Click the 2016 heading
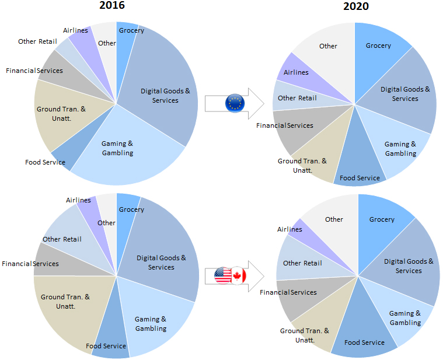tap(112, 5)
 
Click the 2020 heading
tap(355, 7)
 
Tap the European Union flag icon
tap(235, 103)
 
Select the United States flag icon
tap(223, 275)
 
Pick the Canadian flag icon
tap(239, 276)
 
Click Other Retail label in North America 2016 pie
tap(62, 239)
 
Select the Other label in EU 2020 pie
tap(328, 46)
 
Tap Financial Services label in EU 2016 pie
tap(34, 71)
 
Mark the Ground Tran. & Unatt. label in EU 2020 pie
tap(302, 165)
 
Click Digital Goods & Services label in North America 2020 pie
tap(409, 266)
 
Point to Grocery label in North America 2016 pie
tap(131, 209)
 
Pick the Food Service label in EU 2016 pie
tap(45, 162)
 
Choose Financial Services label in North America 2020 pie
tap(288, 292)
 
